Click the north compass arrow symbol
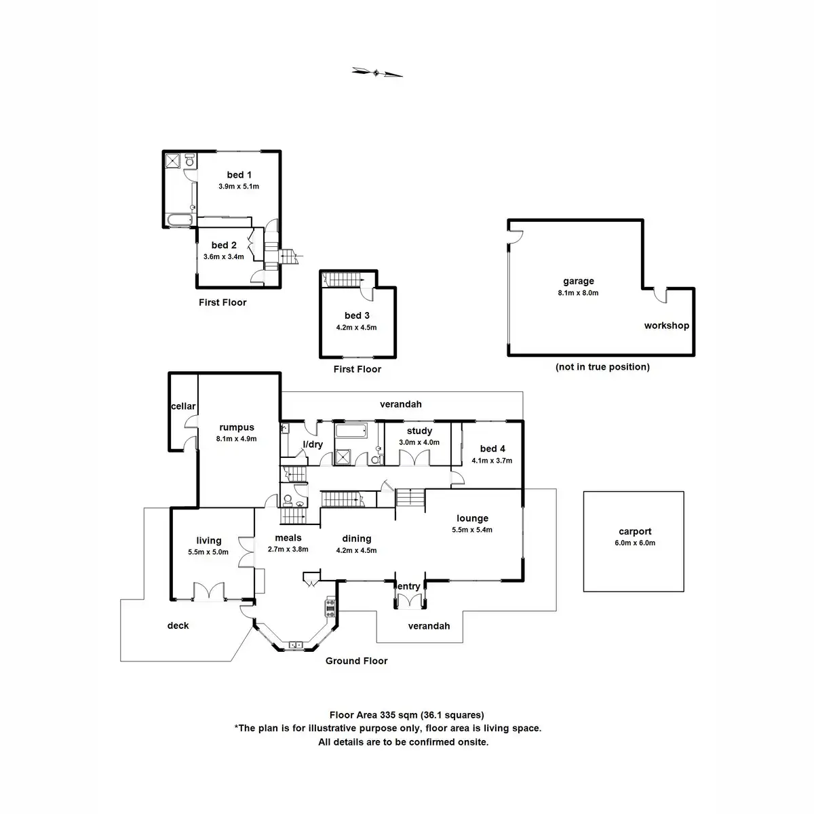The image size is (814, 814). tap(377, 72)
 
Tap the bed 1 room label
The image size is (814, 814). tap(235, 175)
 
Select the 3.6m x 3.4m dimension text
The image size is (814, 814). tap(224, 257)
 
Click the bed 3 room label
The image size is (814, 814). tap(357, 315)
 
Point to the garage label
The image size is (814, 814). tap(578, 281)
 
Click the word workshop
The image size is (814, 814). tap(666, 326)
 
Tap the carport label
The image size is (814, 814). tap(635, 532)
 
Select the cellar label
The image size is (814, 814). tap(183, 406)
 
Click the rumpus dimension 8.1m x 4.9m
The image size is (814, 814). tap(237, 439)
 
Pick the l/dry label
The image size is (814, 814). tap(313, 444)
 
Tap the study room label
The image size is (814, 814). tap(419, 431)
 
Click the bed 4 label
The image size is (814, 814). tap(492, 448)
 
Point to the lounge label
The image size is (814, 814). tap(472, 518)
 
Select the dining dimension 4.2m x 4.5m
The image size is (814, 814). tap(357, 550)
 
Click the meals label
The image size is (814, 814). tap(288, 538)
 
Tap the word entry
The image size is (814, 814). tap(409, 587)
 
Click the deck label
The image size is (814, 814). tap(178, 625)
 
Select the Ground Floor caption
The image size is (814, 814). tap(356, 661)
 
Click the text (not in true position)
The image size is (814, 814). tap(602, 367)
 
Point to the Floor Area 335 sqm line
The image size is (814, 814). tap(407, 714)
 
